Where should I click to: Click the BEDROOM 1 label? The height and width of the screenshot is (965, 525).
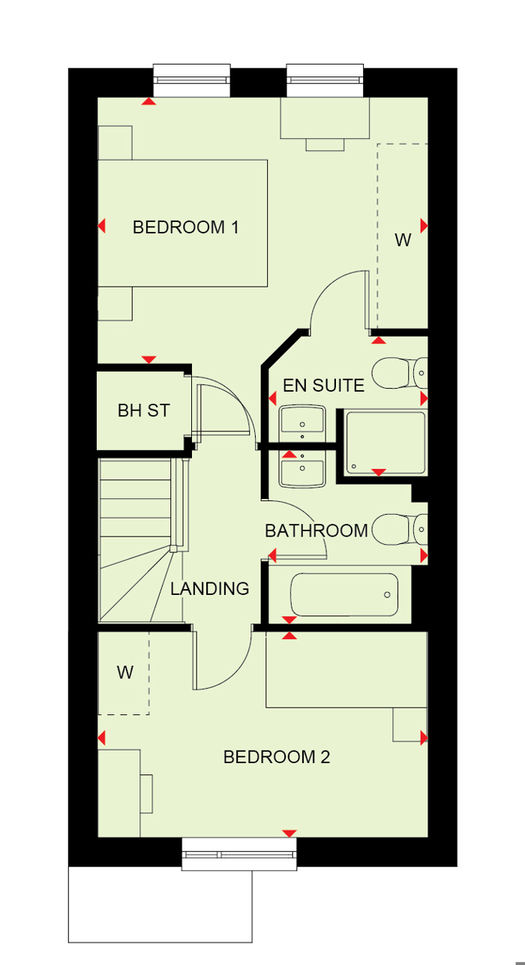tap(185, 227)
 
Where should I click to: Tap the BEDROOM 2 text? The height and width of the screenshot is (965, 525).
tap(277, 756)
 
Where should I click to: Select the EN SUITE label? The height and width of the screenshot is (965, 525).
tap(323, 386)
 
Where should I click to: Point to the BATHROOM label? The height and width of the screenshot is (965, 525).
tap(316, 531)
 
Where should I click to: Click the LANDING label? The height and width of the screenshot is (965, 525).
tap(209, 588)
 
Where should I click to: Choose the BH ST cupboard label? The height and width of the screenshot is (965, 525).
tap(143, 410)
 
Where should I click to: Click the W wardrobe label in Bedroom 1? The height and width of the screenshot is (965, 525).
tap(403, 240)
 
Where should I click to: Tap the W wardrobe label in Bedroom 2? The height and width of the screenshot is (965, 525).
tap(124, 672)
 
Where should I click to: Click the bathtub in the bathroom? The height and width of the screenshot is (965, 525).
tap(344, 596)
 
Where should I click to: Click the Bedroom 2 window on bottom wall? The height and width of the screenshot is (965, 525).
tap(239, 854)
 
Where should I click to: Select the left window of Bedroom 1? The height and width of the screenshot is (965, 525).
tap(191, 79)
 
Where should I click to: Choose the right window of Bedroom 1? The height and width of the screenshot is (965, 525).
tap(325, 79)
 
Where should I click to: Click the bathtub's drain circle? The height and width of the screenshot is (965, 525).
tap(387, 595)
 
